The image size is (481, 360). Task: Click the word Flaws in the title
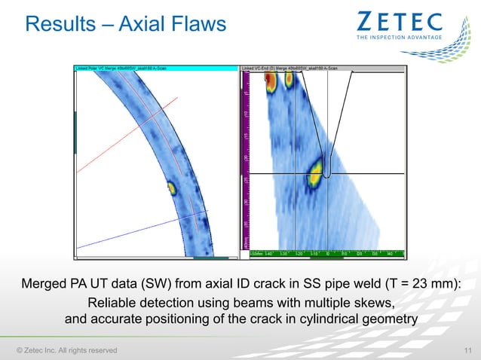pos(195,25)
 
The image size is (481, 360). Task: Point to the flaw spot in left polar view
pos(171,188)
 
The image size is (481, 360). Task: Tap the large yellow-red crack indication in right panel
pos(314,175)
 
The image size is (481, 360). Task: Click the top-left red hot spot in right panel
pos(269,82)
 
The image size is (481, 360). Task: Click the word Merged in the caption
pos(46,285)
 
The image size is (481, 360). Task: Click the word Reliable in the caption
pos(112,304)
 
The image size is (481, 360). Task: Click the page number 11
pos(467,349)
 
